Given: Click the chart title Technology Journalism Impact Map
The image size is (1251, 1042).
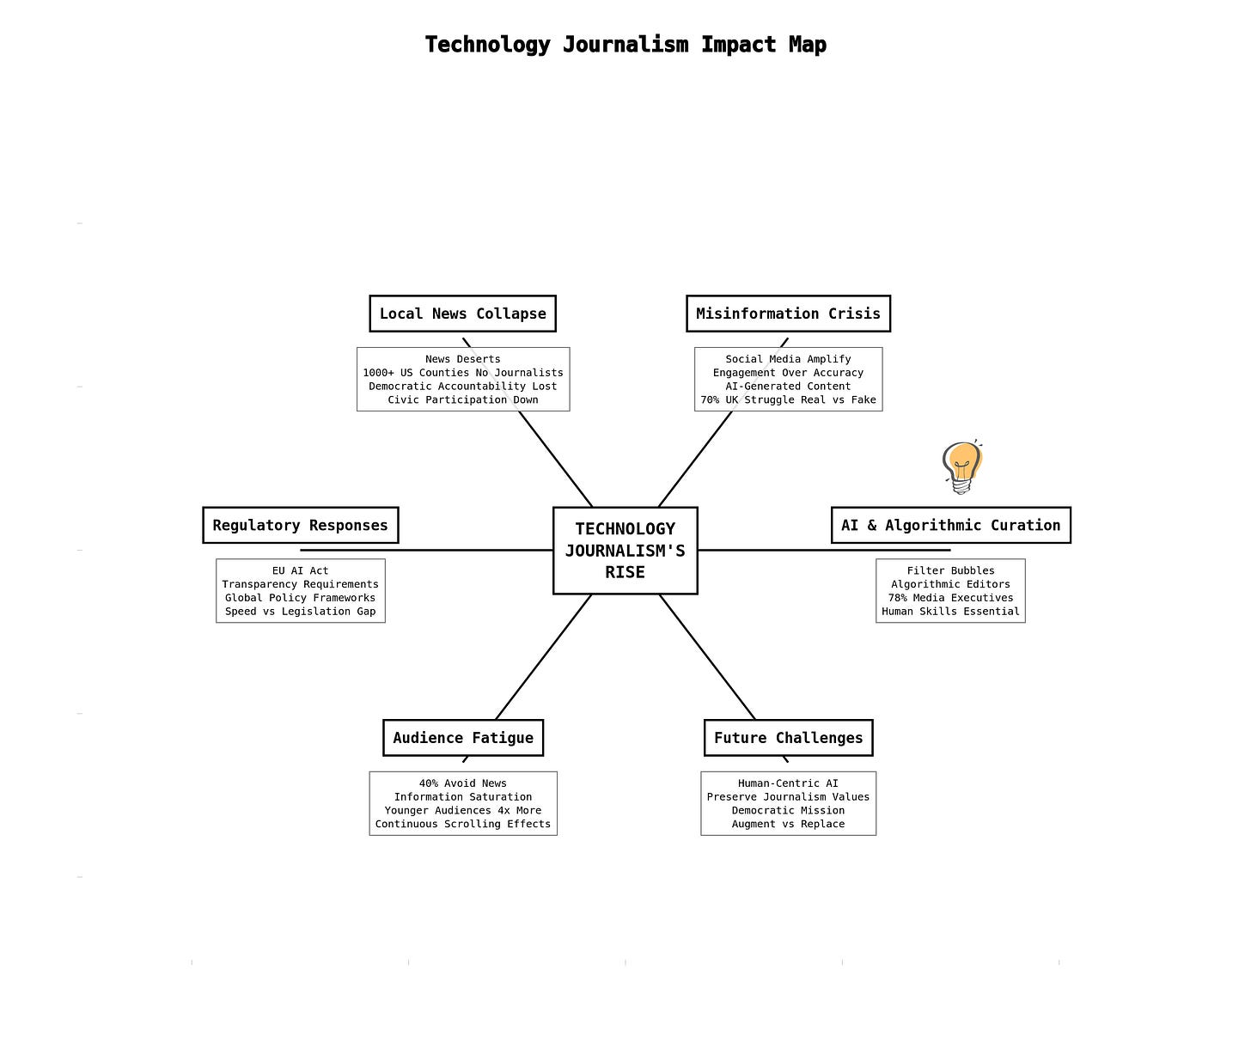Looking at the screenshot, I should click(625, 45).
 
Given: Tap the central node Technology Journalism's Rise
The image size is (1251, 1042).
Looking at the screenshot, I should click(625, 550).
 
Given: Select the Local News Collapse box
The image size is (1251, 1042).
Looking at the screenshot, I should click(462, 314).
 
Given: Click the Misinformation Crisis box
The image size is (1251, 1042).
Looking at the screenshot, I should click(788, 314).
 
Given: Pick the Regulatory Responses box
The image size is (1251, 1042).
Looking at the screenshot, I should click(300, 525).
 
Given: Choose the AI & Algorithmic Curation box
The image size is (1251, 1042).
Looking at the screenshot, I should click(950, 525).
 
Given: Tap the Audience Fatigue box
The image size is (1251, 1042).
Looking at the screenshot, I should click(462, 738).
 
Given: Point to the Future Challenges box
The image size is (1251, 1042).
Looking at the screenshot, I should click(788, 738).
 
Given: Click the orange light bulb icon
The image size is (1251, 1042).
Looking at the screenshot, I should click(962, 466).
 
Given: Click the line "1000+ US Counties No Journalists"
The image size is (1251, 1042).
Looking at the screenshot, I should click(462, 373).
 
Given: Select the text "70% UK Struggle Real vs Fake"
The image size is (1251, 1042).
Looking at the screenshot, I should click(788, 399).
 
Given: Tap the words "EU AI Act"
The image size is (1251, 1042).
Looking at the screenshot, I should click(300, 570).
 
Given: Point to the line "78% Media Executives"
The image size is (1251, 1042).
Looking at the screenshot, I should click(950, 598).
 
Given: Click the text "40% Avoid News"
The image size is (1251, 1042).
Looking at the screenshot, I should click(462, 783).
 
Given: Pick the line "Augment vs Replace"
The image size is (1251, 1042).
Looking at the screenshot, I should click(788, 824).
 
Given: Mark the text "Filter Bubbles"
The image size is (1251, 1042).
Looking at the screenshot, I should click(950, 570).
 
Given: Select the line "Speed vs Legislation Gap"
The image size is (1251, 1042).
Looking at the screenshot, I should click(300, 612).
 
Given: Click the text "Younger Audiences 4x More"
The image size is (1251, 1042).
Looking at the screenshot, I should click(462, 810).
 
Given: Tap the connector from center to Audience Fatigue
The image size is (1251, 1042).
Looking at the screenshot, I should click(543, 657).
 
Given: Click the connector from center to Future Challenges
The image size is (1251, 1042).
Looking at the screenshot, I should click(708, 657).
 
